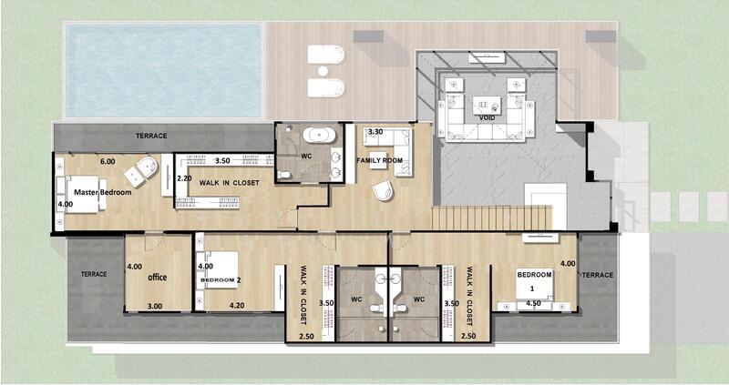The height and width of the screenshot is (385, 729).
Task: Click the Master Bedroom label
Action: [x=103, y=193]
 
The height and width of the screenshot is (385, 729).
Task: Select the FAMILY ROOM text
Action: [x=380, y=161]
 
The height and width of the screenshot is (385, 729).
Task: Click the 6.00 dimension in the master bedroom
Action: [x=108, y=160]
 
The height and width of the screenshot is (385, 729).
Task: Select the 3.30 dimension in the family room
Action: [x=375, y=133]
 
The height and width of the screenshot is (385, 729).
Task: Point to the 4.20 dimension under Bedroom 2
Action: [x=237, y=306]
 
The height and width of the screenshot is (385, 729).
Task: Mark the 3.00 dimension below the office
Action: [x=155, y=307]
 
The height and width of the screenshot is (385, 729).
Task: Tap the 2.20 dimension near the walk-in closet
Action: [x=183, y=178]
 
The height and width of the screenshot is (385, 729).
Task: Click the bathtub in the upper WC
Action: [x=318, y=136]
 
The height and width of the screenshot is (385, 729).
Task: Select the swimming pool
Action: [x=164, y=71]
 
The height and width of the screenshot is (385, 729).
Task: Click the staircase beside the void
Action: [x=492, y=218]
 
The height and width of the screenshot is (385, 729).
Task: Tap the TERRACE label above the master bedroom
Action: [x=151, y=136]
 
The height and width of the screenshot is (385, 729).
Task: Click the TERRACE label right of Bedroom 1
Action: [x=598, y=274]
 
